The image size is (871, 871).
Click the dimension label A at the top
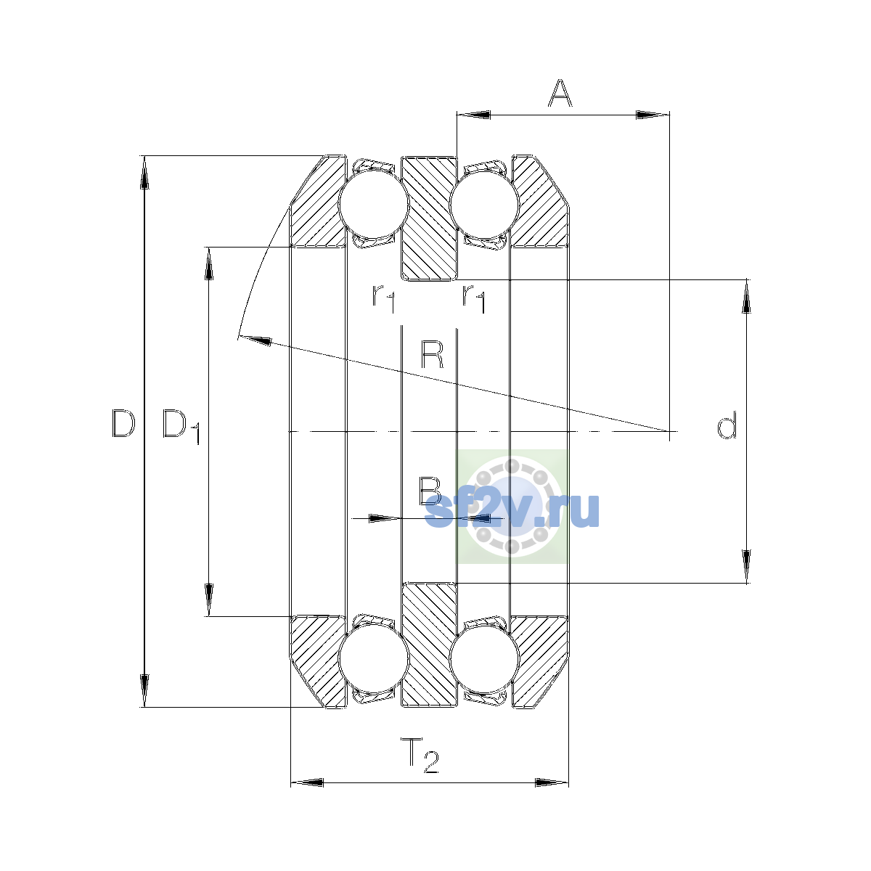coord(560,93)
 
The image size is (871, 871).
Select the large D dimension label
coord(123,423)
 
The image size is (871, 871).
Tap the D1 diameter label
coord(181,427)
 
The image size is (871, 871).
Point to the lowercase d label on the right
coord(727,425)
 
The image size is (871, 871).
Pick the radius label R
coord(432,355)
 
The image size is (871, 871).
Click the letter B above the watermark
coord(430,491)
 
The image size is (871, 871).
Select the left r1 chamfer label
coord(384,298)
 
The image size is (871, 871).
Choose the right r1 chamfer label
coord(474,298)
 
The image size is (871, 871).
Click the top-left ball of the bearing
coord(373,203)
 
